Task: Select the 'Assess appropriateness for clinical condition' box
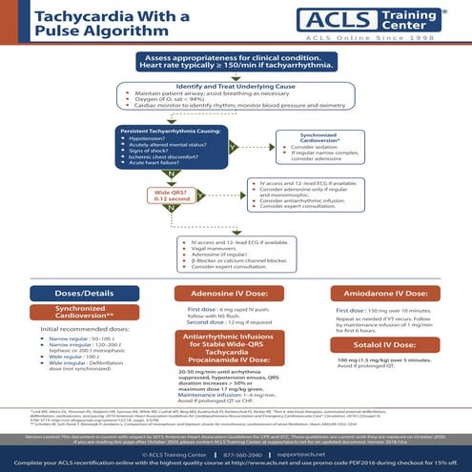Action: tap(236, 65)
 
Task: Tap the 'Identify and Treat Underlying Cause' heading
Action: tap(236, 84)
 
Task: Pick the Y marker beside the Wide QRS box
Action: tap(208, 193)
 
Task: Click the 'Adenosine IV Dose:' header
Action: tap(236, 293)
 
